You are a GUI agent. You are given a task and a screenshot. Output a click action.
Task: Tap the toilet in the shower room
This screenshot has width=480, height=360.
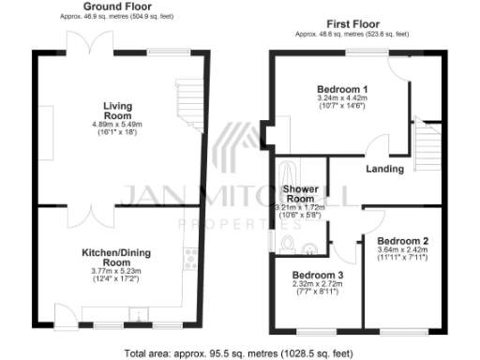point(287,246)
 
